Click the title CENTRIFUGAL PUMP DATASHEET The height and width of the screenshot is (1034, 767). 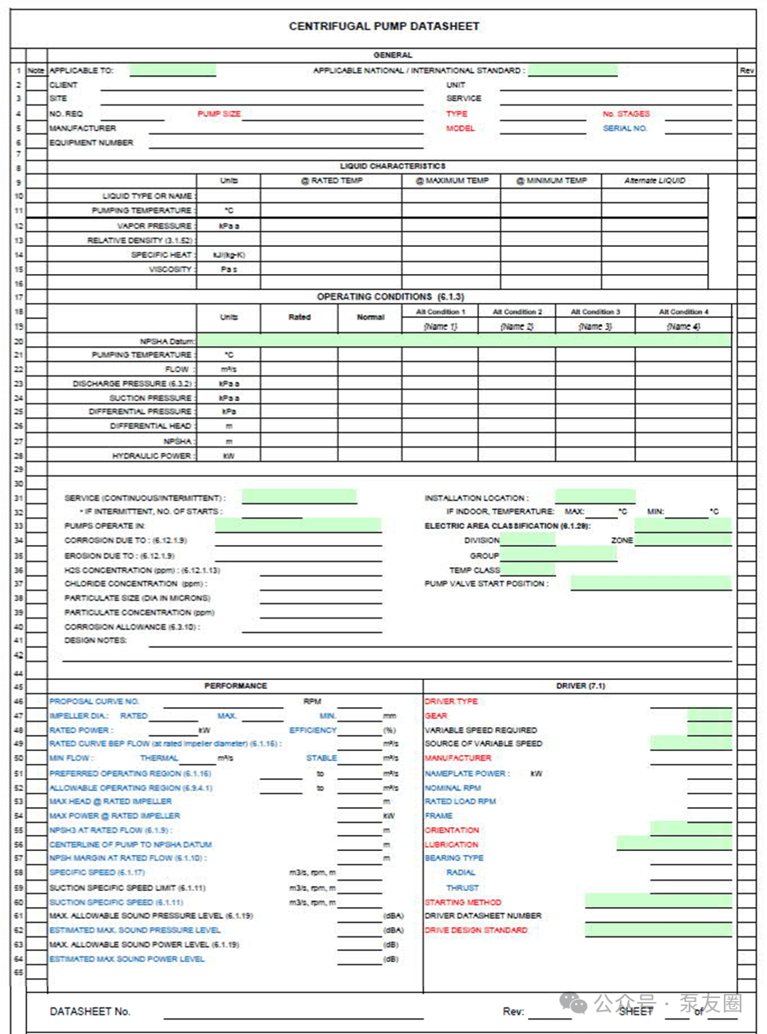[384, 26]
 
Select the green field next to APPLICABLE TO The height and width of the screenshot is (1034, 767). [173, 70]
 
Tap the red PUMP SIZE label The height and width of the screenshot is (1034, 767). [219, 113]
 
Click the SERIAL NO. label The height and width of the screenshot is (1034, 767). [625, 128]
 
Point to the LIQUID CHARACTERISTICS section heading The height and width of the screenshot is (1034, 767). [392, 166]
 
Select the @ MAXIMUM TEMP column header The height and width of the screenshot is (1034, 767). [452, 181]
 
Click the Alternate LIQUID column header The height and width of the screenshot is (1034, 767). [654, 181]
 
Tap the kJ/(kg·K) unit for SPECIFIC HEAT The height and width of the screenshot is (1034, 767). [229, 255]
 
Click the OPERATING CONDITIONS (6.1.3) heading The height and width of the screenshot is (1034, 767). [390, 296]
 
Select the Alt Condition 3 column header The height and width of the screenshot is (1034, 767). [595, 312]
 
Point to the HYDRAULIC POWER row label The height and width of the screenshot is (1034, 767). [152, 455]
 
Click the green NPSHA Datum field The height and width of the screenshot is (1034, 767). [464, 340]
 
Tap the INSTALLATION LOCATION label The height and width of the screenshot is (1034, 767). [476, 498]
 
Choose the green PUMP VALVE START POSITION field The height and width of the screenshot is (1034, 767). [650, 583]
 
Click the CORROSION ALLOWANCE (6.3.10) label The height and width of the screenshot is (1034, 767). [132, 626]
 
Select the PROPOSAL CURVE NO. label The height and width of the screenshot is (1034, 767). [94, 701]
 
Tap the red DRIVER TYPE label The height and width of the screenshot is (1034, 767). [451, 701]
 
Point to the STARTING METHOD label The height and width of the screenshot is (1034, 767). [463, 901]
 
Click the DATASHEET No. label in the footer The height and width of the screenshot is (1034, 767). [90, 1011]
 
